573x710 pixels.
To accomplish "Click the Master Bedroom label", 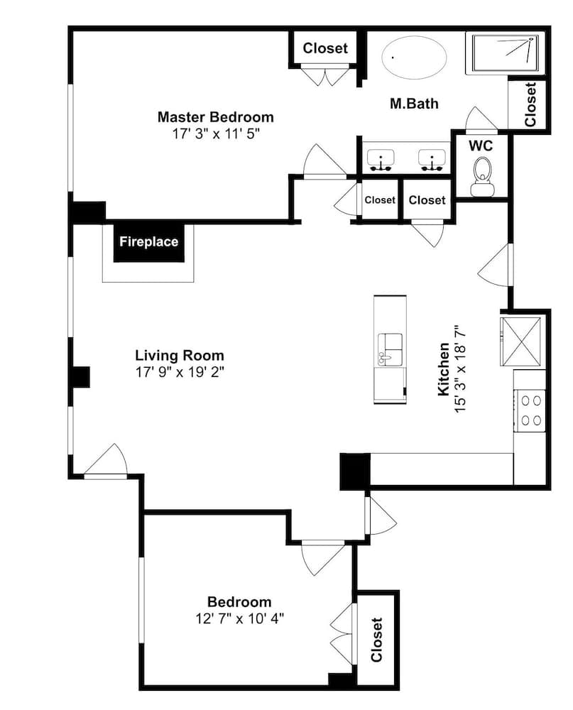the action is tap(216, 117).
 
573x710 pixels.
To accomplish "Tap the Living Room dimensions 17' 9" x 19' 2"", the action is tap(180, 372).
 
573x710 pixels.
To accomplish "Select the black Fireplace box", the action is tap(149, 242).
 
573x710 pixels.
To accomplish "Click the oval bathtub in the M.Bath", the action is tap(415, 58).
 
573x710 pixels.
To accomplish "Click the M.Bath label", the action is tap(414, 104).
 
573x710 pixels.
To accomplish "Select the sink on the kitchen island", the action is tap(390, 349).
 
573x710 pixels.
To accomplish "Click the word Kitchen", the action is tap(444, 369).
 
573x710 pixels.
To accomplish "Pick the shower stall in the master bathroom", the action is tap(505, 54).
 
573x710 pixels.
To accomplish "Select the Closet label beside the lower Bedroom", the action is tap(377, 640).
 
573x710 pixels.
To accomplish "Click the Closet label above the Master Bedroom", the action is tap(325, 48).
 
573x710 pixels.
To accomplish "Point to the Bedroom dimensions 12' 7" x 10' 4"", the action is tap(239, 618).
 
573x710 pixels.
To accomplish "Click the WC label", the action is tap(481, 146).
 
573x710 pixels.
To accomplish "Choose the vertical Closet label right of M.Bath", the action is tap(530, 104).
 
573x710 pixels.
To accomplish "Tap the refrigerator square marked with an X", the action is tap(520, 342).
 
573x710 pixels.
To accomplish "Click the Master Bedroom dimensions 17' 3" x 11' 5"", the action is tap(216, 134).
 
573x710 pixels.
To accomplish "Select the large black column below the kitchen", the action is tap(355, 471).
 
